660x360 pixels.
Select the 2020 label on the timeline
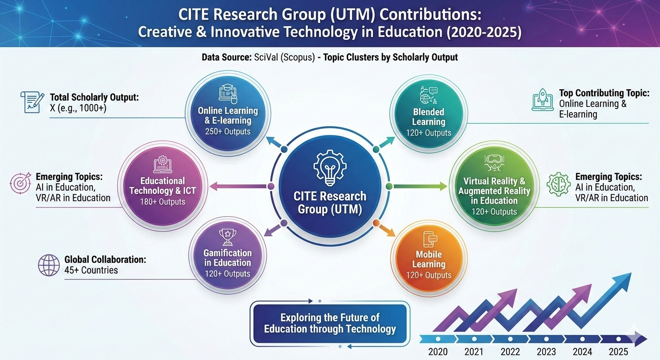click(x=438, y=352)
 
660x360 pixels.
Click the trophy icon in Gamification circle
click(x=227, y=237)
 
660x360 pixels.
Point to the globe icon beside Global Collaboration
click(x=49, y=265)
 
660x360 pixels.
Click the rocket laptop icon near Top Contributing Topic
click(x=543, y=101)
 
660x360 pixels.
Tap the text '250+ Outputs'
click(x=228, y=132)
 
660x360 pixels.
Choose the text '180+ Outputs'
click(x=163, y=202)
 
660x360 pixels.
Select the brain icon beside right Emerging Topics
click(x=559, y=184)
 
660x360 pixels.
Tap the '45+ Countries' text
click(x=91, y=270)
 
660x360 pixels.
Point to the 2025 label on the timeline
click(x=618, y=352)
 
